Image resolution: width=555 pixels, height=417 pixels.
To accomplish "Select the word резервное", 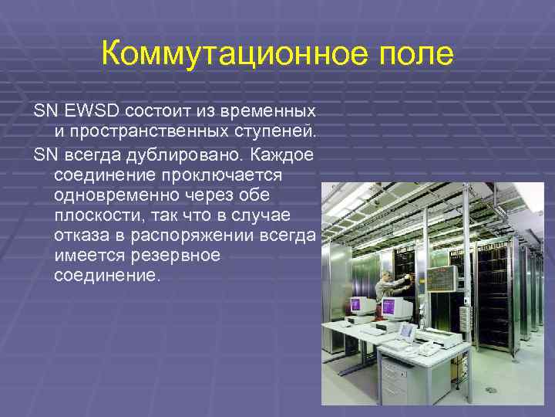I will coord(176,255).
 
